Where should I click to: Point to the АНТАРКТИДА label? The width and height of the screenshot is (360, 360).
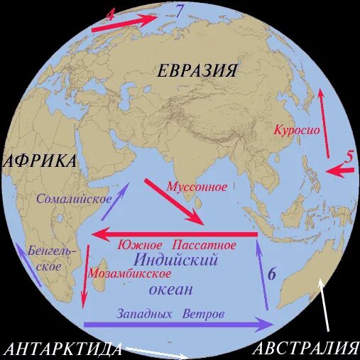tap(62, 348)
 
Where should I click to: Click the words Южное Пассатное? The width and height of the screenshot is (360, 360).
tap(187, 245)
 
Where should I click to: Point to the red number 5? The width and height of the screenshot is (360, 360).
tap(349, 158)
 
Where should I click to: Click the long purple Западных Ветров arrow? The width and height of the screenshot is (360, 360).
tap(178, 324)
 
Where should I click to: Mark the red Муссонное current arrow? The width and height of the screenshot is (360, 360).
tap(173, 201)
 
